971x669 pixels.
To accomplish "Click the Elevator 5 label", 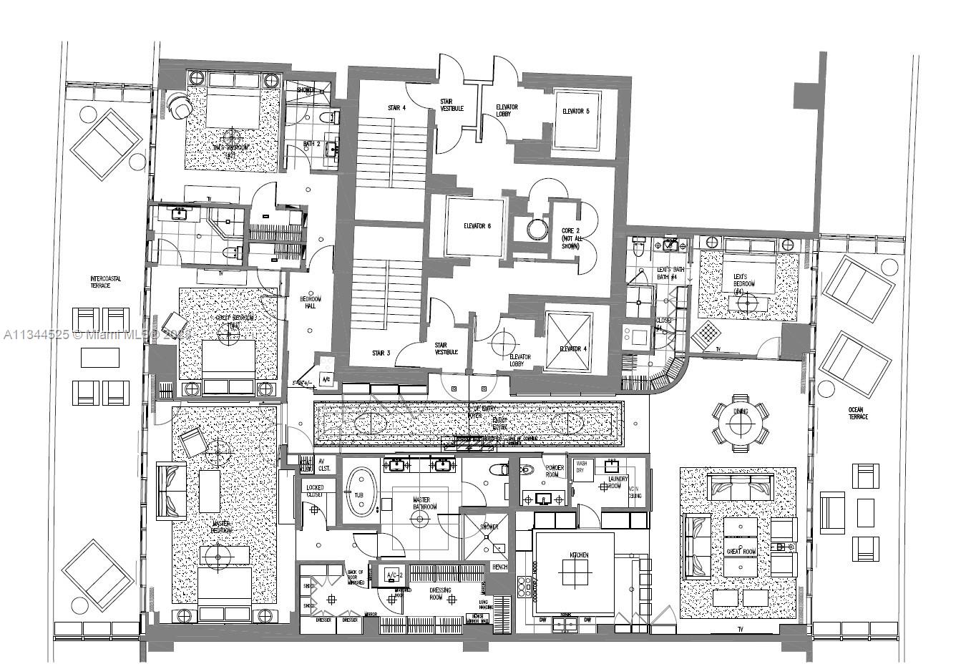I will pos(575,112).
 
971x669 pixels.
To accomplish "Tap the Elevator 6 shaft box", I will pos(474,227).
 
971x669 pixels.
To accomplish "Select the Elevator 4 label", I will pos(572,350).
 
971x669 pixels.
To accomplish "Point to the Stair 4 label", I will pos(397,108).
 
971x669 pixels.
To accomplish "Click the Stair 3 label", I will pos(381,353).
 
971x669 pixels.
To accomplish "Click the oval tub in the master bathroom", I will pos(361,493).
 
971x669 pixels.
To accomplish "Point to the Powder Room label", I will pos(554,471).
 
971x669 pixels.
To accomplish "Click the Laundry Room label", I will pos(613,483).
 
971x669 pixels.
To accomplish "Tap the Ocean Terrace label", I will pos(857,414).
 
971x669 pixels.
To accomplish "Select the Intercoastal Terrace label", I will pos(105,282).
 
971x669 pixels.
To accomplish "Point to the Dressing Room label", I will pos(440,594).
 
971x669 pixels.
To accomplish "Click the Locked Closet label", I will pos(315,491).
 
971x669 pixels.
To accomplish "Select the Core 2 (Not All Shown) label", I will pos(570,239).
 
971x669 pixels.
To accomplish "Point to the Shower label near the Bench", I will pos(489,527).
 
